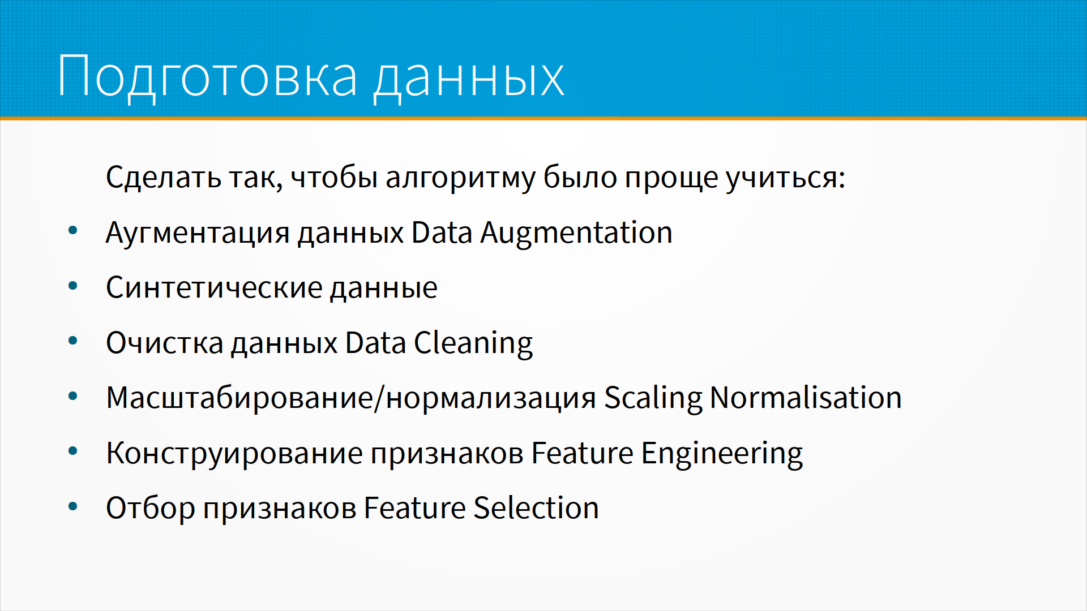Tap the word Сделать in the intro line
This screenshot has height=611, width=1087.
[164, 177]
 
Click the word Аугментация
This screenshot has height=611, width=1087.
[198, 233]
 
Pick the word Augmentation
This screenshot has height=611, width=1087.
[576, 233]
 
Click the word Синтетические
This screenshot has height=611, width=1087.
[215, 288]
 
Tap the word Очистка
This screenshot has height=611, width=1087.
[165, 343]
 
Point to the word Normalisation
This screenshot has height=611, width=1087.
[806, 398]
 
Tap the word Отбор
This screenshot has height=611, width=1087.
[151, 508]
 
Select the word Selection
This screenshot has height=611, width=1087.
[537, 508]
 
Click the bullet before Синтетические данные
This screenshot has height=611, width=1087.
[72, 286]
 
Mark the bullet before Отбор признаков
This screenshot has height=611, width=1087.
[72, 506]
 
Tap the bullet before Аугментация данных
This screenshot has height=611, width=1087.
[72, 231]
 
